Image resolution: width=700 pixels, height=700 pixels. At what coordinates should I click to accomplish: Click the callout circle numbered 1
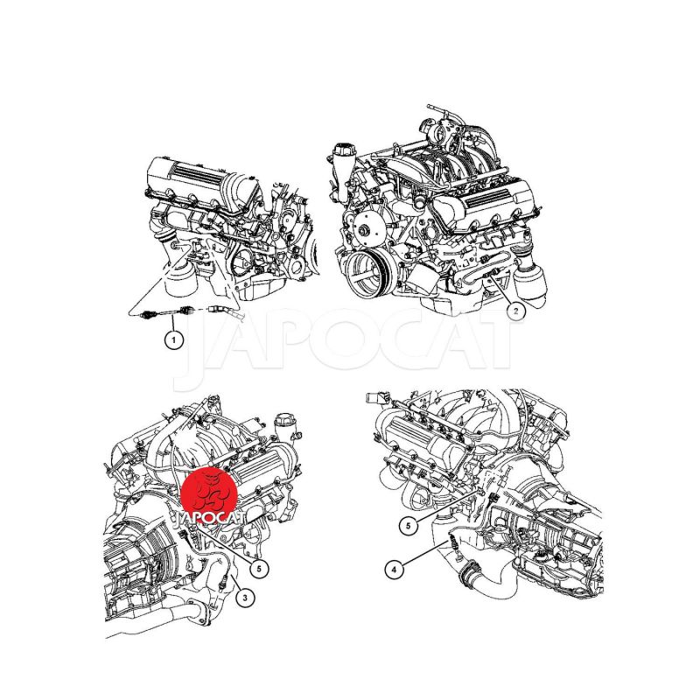point(174,340)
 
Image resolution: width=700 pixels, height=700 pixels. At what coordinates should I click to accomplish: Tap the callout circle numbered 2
point(515,311)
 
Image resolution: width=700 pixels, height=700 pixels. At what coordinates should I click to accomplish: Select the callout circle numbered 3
point(245,598)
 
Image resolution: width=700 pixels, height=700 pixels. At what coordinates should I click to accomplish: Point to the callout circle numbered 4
point(394,570)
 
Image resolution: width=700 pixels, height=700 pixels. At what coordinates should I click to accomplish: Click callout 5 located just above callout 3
point(259,568)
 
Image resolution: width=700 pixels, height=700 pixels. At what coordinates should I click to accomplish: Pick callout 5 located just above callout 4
point(408,526)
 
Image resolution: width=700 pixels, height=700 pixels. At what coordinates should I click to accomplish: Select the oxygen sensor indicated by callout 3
point(226,580)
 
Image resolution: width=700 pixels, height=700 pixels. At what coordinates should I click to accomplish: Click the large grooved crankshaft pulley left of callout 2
point(368,272)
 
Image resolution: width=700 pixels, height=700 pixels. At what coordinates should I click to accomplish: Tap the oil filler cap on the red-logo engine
point(282,422)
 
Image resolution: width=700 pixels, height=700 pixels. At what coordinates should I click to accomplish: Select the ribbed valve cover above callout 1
point(191,178)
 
